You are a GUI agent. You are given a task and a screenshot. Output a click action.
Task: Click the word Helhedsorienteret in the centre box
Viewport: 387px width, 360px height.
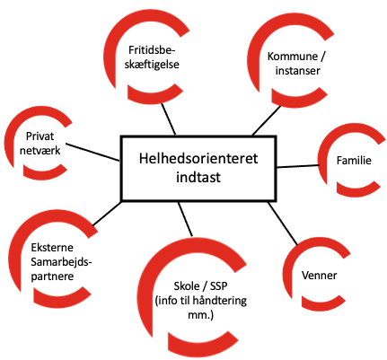198,158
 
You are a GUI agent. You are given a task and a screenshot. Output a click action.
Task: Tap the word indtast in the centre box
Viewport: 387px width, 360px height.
198,177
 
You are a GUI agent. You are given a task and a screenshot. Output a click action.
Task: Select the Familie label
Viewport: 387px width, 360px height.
354,161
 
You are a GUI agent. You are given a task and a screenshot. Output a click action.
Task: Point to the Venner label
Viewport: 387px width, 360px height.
319,276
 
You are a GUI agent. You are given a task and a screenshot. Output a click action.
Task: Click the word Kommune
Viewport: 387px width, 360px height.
293,57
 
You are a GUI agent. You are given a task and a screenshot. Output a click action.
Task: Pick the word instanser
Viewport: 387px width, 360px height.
297,71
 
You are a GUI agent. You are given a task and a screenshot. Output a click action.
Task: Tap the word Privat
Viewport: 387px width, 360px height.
40,136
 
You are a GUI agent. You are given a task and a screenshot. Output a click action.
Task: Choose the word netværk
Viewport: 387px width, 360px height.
40,150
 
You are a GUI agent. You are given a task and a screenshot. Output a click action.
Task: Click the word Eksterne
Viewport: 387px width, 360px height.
52,248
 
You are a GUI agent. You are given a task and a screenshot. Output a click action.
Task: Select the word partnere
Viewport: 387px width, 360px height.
52,277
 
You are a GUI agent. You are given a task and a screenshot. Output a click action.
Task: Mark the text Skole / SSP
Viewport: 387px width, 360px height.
200,286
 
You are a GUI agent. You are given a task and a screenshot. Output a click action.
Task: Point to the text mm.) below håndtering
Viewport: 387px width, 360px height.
200,314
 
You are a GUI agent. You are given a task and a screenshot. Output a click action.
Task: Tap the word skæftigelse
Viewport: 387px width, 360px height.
152,65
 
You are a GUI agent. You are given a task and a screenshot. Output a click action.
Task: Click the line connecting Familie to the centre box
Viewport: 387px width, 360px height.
297,166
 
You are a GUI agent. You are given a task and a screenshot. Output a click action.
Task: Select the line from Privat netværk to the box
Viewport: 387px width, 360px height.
92,152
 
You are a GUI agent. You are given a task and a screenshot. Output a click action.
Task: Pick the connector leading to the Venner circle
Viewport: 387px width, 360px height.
283,224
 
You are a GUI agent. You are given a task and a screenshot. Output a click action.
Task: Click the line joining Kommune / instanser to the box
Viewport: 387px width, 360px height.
267,120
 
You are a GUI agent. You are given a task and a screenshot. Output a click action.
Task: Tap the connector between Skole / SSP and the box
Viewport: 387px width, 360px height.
185,219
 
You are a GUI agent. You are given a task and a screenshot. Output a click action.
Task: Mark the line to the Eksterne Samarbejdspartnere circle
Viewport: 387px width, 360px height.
107,214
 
